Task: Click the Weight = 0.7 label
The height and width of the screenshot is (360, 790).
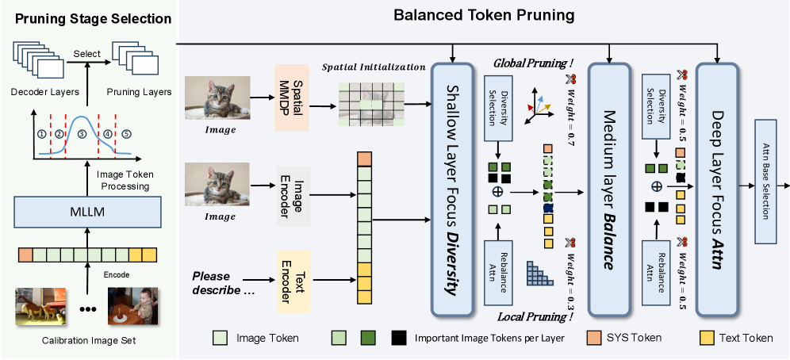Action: pos(570,111)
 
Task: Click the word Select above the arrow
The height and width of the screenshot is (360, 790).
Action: pos(87,54)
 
